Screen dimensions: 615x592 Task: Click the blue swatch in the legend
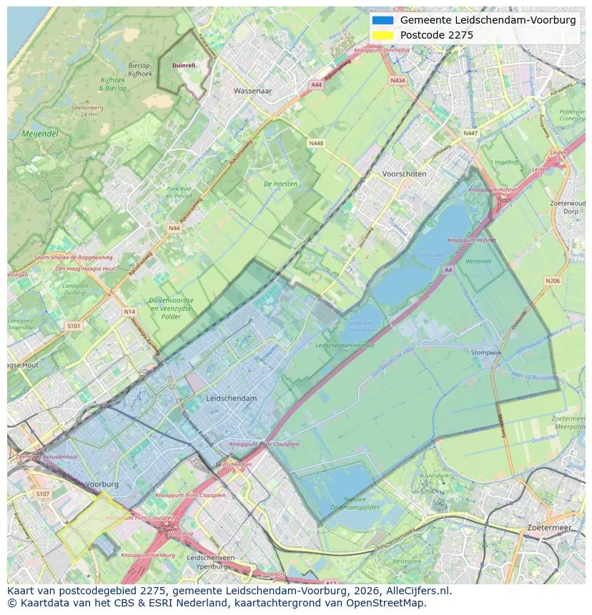tap(383, 21)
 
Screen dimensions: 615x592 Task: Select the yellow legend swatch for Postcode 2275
tap(383, 35)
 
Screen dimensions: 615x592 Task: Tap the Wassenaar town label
tap(253, 91)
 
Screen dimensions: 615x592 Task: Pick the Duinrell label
tap(184, 65)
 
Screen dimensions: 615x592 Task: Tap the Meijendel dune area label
tap(40, 134)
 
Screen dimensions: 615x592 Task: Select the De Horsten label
tap(280, 184)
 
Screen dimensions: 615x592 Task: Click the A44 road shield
tap(316, 85)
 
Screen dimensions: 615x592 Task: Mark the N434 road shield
tap(398, 81)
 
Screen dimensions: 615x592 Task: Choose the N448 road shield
tap(316, 144)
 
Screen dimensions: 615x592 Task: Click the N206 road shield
tap(553, 281)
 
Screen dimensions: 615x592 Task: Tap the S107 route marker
tap(43, 494)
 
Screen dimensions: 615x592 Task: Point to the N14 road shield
tap(129, 311)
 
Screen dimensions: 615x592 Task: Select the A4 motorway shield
tap(448, 270)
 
